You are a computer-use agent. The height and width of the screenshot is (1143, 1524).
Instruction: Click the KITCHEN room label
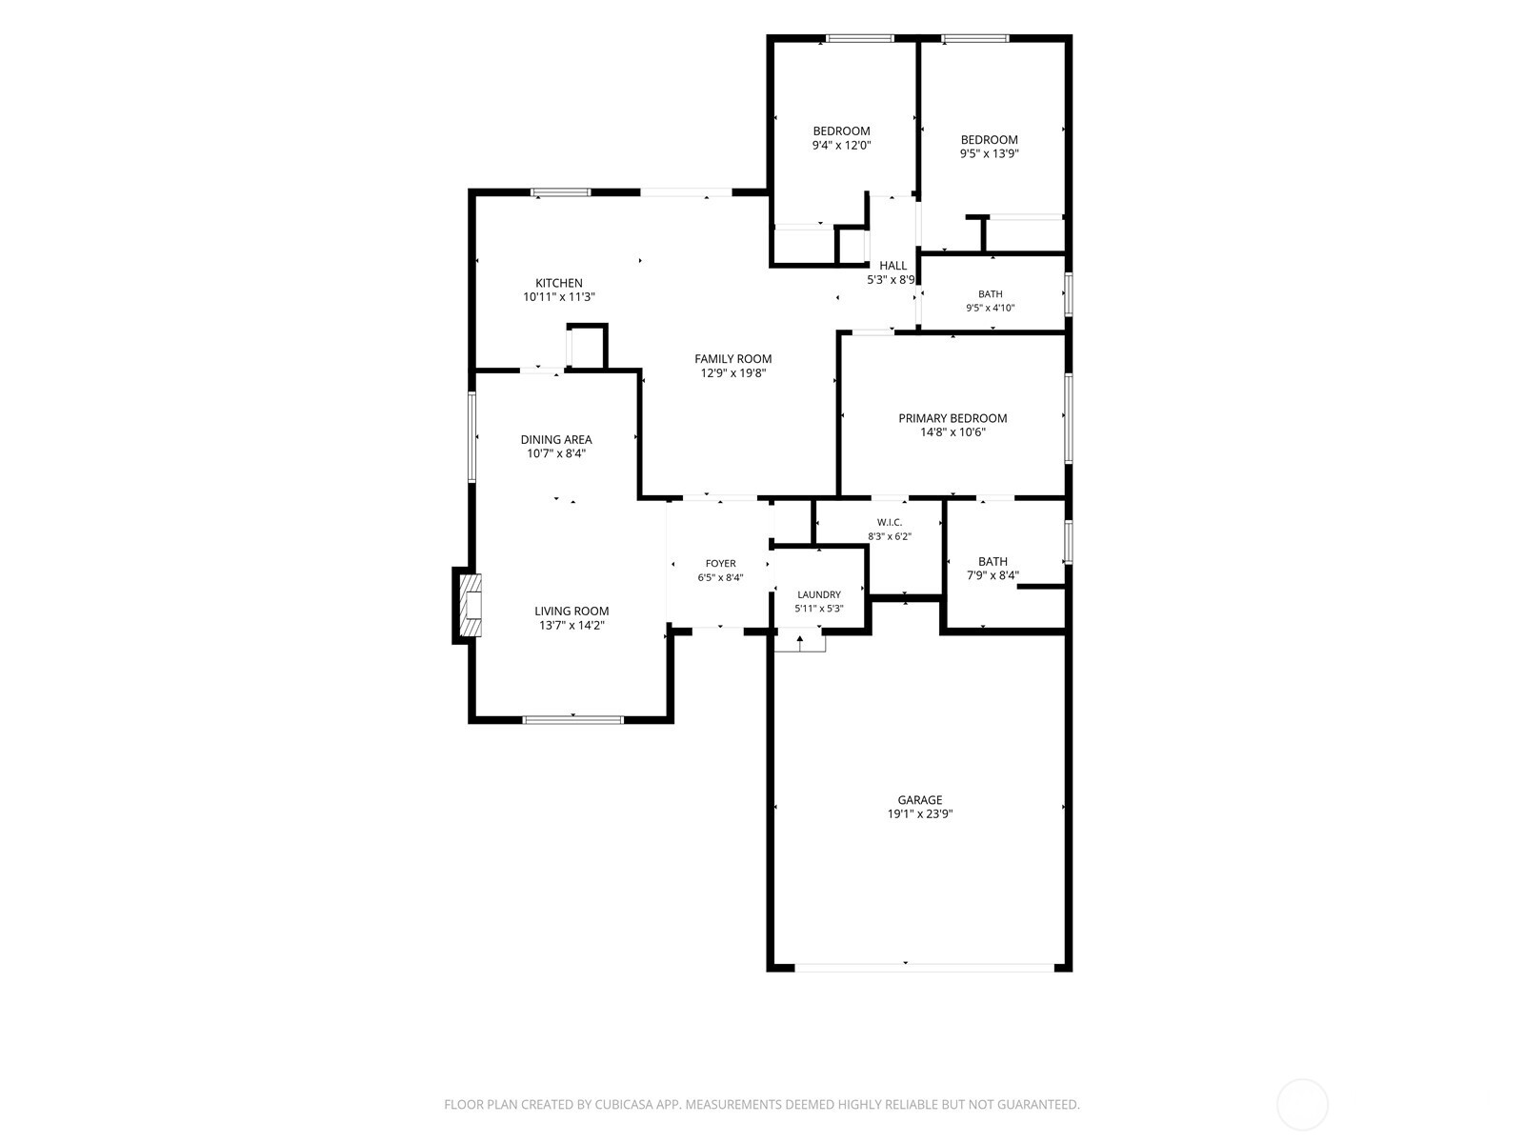(x=558, y=283)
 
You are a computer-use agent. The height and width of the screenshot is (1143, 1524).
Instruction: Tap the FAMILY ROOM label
(x=732, y=359)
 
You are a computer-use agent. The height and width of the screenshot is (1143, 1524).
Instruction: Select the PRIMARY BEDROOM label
(x=952, y=418)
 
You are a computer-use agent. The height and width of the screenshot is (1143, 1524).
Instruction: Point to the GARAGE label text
(x=919, y=799)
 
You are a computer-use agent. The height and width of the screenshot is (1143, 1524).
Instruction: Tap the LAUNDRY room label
(x=818, y=594)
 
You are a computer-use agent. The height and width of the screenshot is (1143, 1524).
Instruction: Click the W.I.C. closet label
(x=889, y=522)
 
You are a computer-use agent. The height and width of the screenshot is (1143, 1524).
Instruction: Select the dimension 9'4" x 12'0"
(x=841, y=145)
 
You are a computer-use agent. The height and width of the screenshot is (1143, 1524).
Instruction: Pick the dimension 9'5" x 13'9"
(x=989, y=154)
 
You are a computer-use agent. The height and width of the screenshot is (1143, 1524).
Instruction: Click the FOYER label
(x=720, y=564)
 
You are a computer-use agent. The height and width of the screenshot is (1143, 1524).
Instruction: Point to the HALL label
(x=892, y=265)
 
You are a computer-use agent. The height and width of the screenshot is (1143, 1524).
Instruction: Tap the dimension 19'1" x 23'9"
(x=919, y=814)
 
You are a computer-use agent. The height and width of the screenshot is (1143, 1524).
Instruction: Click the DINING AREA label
(x=556, y=439)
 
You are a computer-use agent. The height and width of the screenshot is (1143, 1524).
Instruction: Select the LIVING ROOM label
(x=571, y=611)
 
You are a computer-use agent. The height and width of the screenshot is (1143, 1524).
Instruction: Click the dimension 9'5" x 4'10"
(x=990, y=308)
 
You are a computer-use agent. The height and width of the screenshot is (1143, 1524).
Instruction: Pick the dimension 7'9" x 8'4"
(x=993, y=575)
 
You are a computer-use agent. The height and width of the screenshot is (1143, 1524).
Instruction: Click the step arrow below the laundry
(x=800, y=643)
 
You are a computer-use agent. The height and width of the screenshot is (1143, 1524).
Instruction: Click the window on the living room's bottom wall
(x=572, y=720)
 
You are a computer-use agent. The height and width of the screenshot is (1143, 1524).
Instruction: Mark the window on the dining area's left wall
(x=471, y=436)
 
